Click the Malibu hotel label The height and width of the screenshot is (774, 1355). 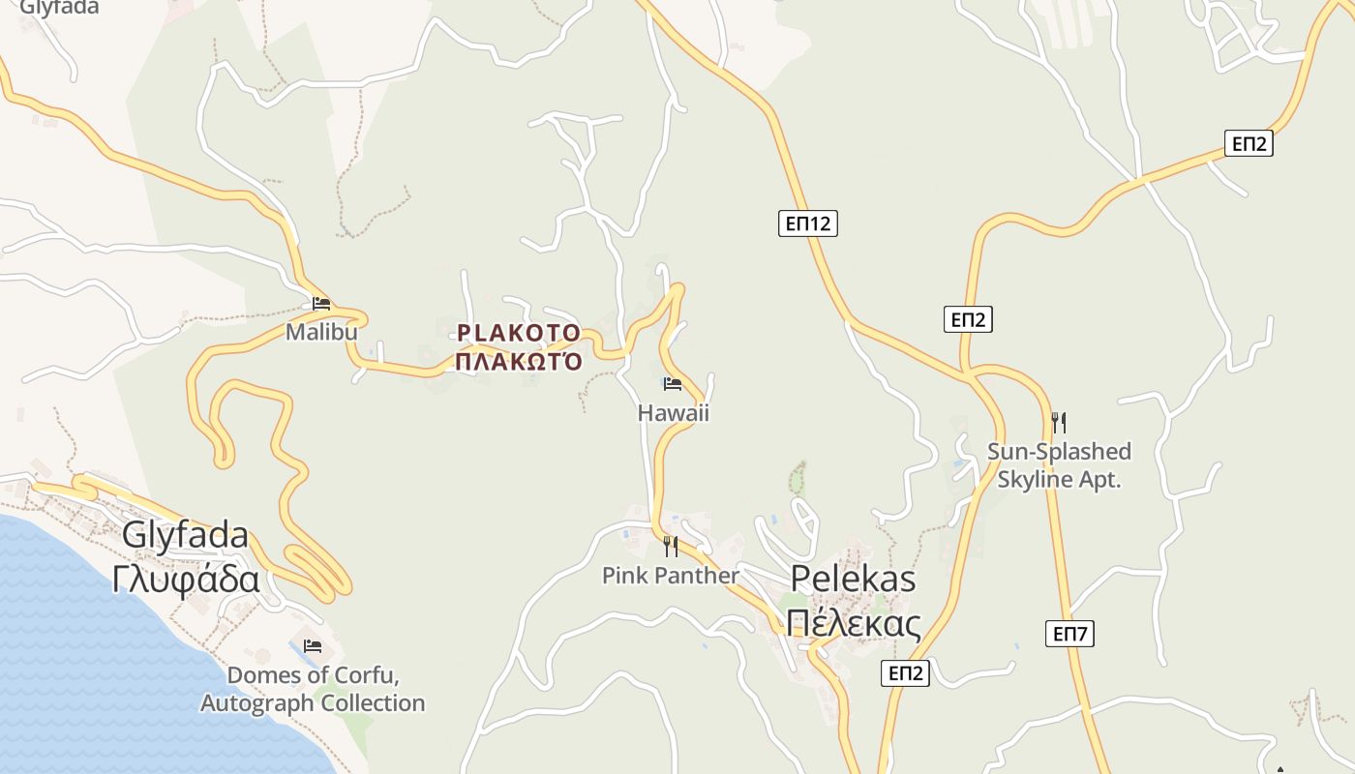(x=321, y=332)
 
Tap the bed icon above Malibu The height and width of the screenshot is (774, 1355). (x=321, y=304)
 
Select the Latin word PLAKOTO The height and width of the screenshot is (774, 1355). (x=519, y=334)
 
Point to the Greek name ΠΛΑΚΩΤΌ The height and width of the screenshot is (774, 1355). (x=519, y=362)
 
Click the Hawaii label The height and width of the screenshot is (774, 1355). (x=673, y=413)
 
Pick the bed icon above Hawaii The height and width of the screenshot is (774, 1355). (x=673, y=384)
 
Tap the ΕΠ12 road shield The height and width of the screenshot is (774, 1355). (x=807, y=224)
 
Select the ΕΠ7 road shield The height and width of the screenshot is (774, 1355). (x=1070, y=635)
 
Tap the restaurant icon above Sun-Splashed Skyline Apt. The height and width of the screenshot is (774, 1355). (x=1058, y=423)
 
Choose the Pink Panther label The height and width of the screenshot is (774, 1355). (x=670, y=576)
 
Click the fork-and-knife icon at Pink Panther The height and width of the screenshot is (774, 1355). (x=670, y=547)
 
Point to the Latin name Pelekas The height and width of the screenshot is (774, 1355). (x=853, y=578)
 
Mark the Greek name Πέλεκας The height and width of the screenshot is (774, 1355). (x=853, y=624)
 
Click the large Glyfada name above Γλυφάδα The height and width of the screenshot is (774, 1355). (x=186, y=535)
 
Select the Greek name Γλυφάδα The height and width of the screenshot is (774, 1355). (x=186, y=580)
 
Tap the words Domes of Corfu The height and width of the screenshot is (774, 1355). (x=313, y=675)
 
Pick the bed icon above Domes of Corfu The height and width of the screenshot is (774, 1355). (x=313, y=646)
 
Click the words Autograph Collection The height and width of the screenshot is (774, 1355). (x=313, y=703)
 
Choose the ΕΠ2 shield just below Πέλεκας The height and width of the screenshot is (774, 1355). (x=905, y=673)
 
